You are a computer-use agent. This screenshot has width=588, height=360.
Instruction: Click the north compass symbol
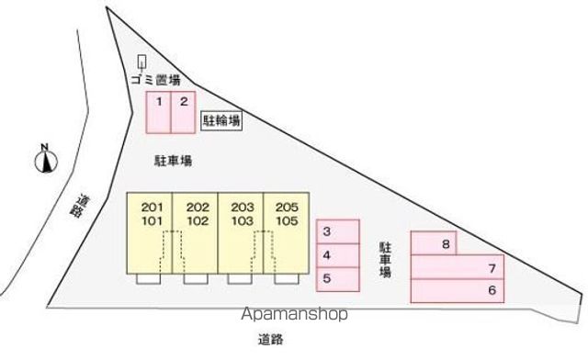pyautogui.click(x=44, y=159)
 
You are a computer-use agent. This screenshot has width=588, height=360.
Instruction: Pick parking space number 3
pyautogui.click(x=337, y=231)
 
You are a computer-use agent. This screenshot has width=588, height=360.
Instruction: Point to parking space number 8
pyautogui.click(x=434, y=243)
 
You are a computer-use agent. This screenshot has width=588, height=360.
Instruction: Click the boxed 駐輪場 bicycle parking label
pyautogui.click(x=221, y=120)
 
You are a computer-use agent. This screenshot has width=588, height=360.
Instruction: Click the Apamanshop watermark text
pyautogui.click(x=296, y=315)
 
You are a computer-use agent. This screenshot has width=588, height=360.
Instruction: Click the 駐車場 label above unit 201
pyautogui.click(x=172, y=161)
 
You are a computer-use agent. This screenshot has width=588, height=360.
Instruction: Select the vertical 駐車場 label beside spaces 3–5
pyautogui.click(x=387, y=260)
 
